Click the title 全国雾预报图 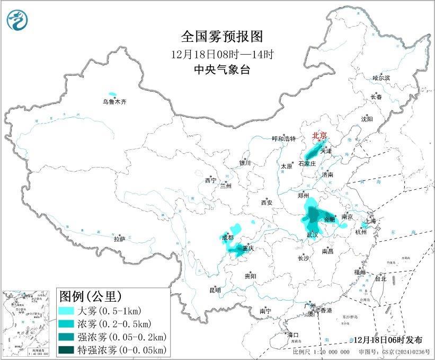221,36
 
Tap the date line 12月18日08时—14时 221,54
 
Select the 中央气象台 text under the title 221,70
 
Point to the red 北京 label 321,135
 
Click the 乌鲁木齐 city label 115,101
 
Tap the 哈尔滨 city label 381,78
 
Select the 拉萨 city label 119,239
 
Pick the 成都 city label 227,238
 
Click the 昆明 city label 215,290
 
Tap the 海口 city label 292,335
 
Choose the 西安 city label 267,202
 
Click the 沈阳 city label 367,119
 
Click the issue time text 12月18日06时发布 388,340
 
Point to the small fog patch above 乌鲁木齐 112,92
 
